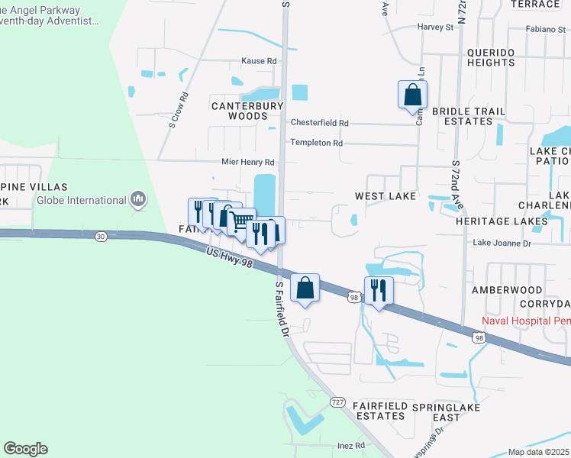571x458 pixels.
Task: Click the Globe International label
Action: tap(82, 200)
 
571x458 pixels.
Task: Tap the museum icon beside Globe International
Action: tap(138, 200)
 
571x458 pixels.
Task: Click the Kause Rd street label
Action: tap(259, 61)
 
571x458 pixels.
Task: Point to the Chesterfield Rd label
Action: tap(319, 123)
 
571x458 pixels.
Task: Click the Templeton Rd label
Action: tap(316, 143)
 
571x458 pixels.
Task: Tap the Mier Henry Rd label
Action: tap(247, 163)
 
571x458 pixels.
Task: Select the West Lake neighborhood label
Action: tap(386, 196)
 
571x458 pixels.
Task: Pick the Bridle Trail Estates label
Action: tap(469, 116)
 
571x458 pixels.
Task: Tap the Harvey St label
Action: tap(435, 27)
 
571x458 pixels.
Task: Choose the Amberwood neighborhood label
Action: tap(507, 290)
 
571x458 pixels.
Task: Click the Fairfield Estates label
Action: tap(379, 411)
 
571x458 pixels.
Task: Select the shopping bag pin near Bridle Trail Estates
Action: tap(412, 95)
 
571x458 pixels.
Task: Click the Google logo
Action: tap(25, 449)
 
